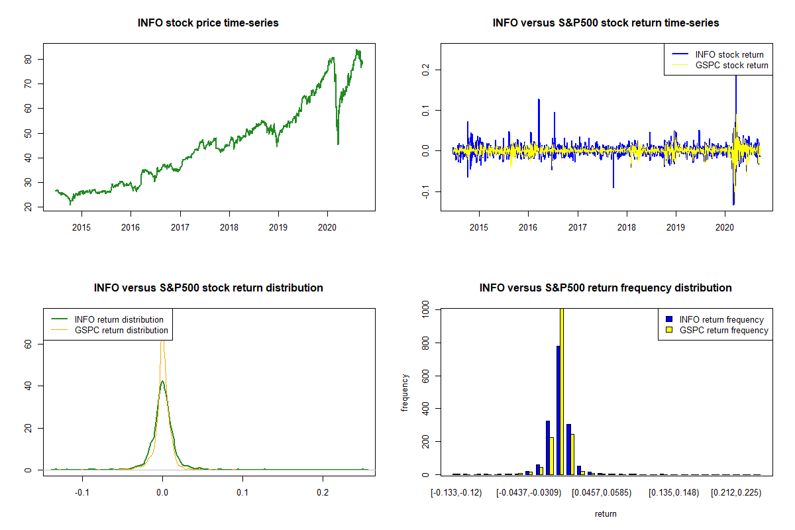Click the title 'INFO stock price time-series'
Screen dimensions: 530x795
pyautogui.click(x=208, y=23)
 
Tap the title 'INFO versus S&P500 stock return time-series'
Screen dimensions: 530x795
pyautogui.click(x=606, y=23)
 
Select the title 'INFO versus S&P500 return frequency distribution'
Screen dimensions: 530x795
pyautogui.click(x=606, y=288)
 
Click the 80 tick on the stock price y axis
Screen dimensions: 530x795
pyautogui.click(x=30, y=59)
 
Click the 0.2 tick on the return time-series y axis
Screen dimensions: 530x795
pyautogui.click(x=427, y=69)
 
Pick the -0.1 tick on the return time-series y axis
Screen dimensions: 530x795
pyautogui.click(x=427, y=192)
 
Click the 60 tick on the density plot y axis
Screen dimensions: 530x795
pyautogui.click(x=30, y=344)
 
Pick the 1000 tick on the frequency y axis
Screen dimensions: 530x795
pyautogui.click(x=427, y=309)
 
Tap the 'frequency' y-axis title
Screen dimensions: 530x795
pyautogui.click(x=405, y=393)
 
